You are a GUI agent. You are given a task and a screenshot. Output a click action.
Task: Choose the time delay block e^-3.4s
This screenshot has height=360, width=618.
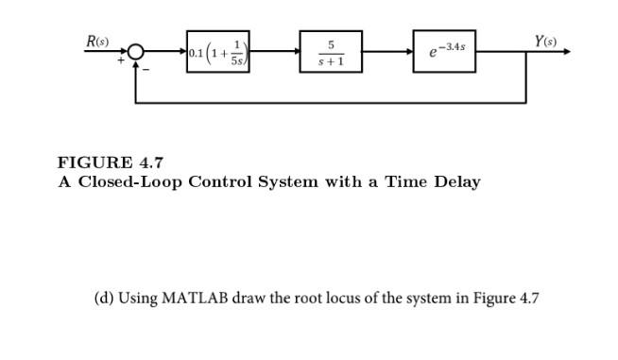coord(444,53)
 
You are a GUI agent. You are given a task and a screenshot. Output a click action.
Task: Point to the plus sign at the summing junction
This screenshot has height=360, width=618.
coord(120,61)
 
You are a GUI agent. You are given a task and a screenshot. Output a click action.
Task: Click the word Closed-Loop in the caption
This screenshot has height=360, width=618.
coord(129,181)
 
